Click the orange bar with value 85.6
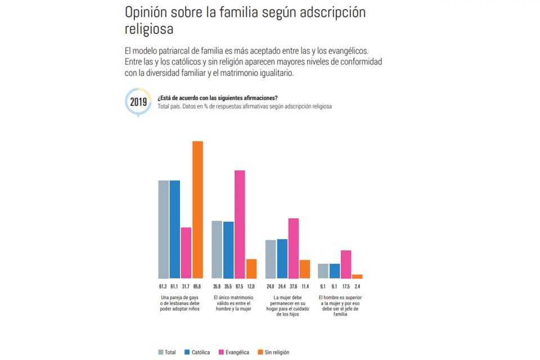pyautogui.click(x=197, y=210)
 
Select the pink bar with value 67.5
pyautogui.click(x=240, y=224)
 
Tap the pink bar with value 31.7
pyautogui.click(x=186, y=253)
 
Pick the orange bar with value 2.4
pyautogui.click(x=357, y=276)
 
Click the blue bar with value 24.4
pyautogui.click(x=282, y=259)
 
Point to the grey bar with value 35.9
pyautogui.click(x=217, y=250)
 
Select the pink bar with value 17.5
pyautogui.click(x=346, y=264)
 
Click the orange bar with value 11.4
pyautogui.click(x=305, y=269)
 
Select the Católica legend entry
pyautogui.click(x=197, y=353)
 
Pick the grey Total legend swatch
pyautogui.click(x=161, y=353)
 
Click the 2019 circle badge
pyautogui.click(x=138, y=102)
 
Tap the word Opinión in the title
pyautogui.click(x=145, y=12)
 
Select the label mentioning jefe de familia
pyautogui.click(x=340, y=305)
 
